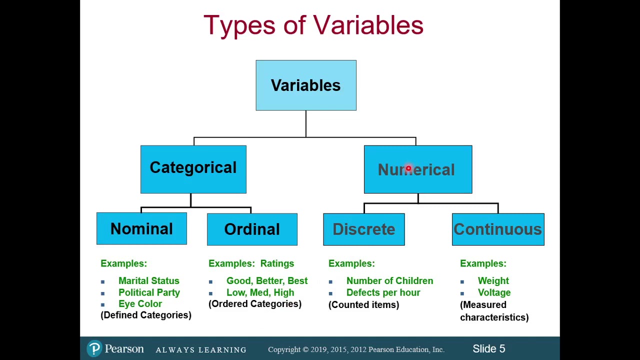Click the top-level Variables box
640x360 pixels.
pyautogui.click(x=305, y=85)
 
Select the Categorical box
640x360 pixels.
pyautogui.click(x=193, y=169)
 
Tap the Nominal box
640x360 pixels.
pyautogui.click(x=141, y=229)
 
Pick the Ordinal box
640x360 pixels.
pyautogui.click(x=252, y=229)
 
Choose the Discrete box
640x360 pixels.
pyautogui.click(x=363, y=229)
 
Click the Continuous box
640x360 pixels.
pyautogui.click(x=497, y=229)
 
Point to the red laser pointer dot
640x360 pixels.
pyautogui.click(x=408, y=169)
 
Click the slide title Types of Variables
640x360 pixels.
pyautogui.click(x=313, y=25)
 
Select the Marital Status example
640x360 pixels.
pyautogui.click(x=148, y=281)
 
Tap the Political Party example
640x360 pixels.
pyautogui.click(x=149, y=292)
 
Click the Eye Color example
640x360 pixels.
pyautogui.click(x=140, y=303)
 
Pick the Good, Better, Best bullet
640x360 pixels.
pyautogui.click(x=266, y=281)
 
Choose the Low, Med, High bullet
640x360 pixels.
pyautogui.click(x=260, y=292)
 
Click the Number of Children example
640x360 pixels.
pyautogui.click(x=389, y=281)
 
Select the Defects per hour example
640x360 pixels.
pyautogui.click(x=383, y=292)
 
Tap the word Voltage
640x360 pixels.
pyautogui.click(x=494, y=292)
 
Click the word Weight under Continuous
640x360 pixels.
pyautogui.click(x=493, y=281)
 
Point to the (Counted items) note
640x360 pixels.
pyautogui.click(x=363, y=304)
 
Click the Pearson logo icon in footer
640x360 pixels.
pyautogui.click(x=94, y=348)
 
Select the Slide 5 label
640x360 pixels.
pyautogui.click(x=488, y=348)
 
